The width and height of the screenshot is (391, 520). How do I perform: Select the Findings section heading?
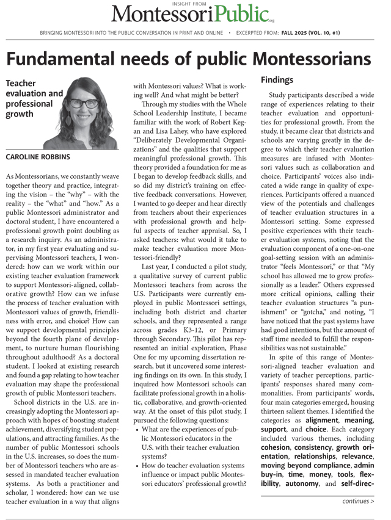[277, 80]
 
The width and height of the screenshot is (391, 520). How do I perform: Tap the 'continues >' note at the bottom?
[358, 501]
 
